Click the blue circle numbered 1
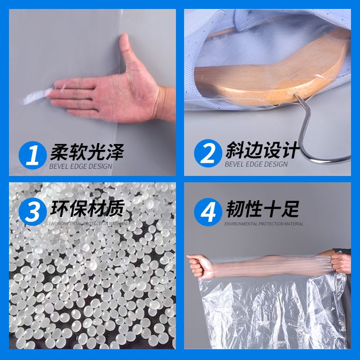pos(32,155)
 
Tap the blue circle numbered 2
pos(208,153)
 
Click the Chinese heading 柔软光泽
pos(87,152)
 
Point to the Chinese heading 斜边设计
pos(263,150)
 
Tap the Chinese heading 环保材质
pos(87,208)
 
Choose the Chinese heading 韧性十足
pos(262,209)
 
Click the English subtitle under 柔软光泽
pos(81,166)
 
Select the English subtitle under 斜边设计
pos(256,164)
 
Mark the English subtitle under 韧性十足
pos(264,224)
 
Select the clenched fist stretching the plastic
pos(199,266)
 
